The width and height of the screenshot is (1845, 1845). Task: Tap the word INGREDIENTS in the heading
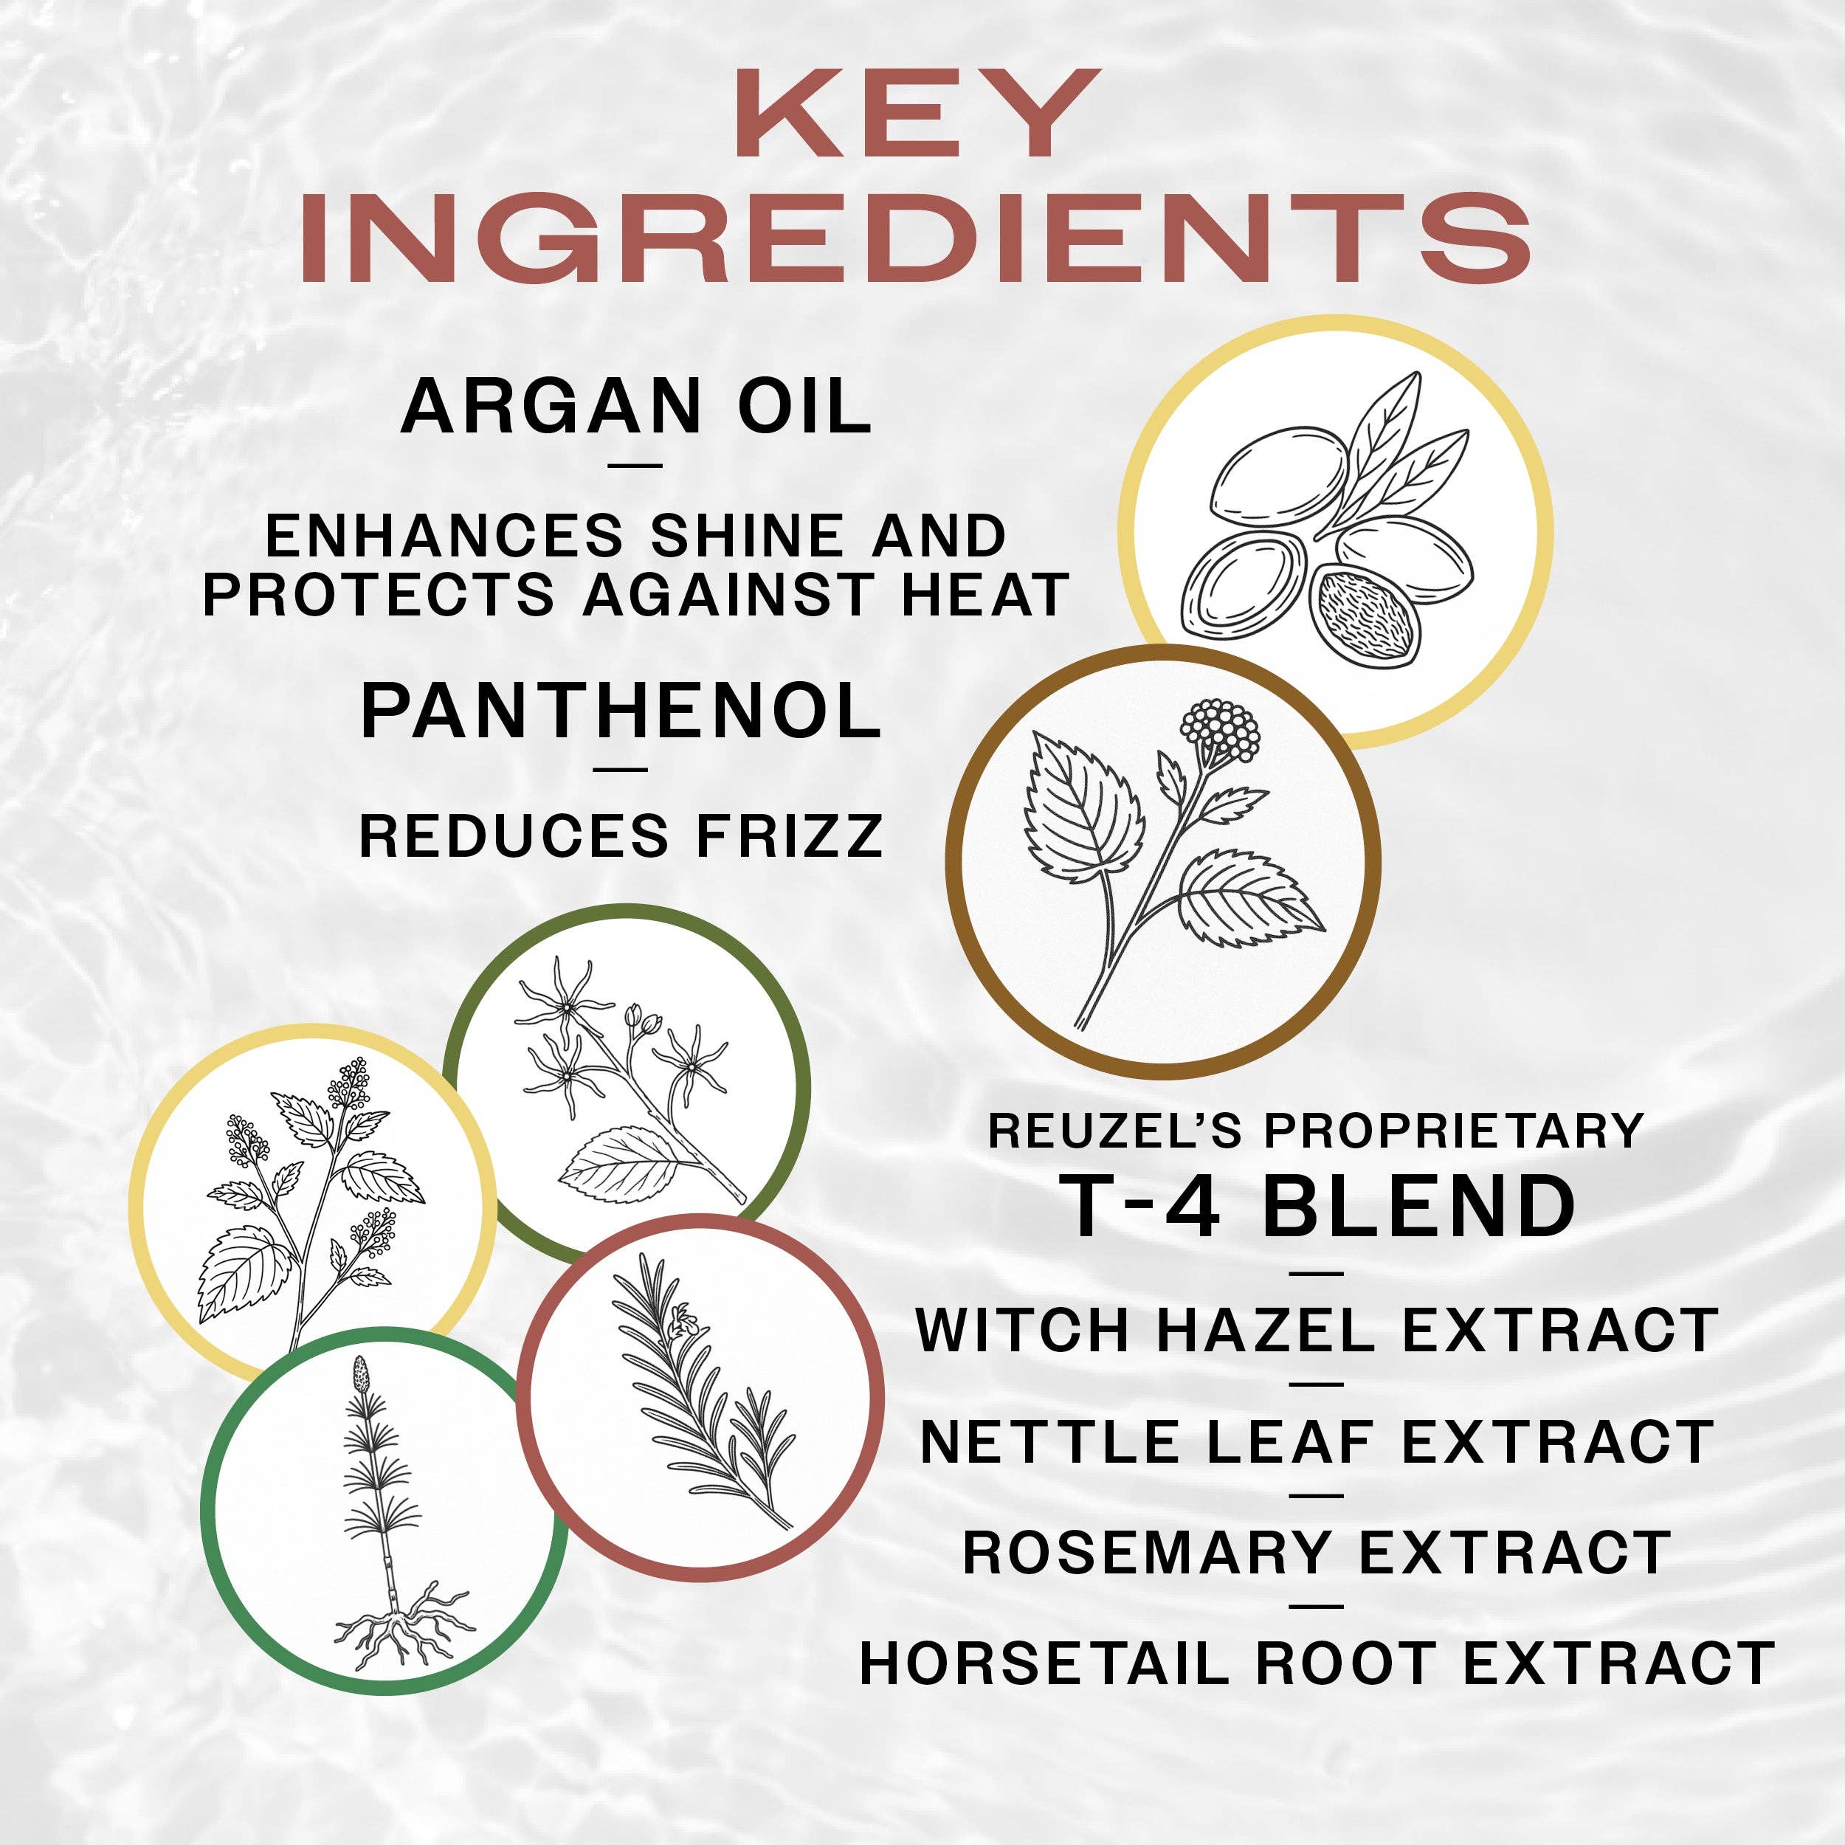pos(917,236)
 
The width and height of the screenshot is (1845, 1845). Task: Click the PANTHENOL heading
pos(621,711)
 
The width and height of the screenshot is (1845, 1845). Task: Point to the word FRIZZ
pos(789,837)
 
